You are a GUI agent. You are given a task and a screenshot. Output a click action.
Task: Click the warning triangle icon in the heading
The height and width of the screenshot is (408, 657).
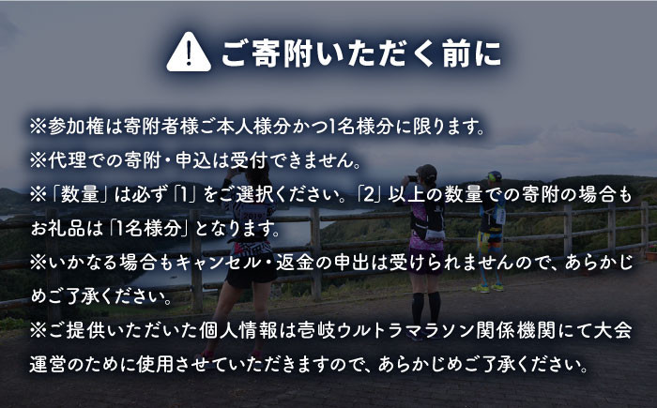click(x=189, y=53)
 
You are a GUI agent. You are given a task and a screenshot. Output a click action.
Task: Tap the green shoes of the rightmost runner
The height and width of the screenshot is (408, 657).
click(x=489, y=287)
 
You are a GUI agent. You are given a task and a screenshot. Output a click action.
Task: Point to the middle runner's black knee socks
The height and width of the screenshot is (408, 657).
click(x=423, y=306)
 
